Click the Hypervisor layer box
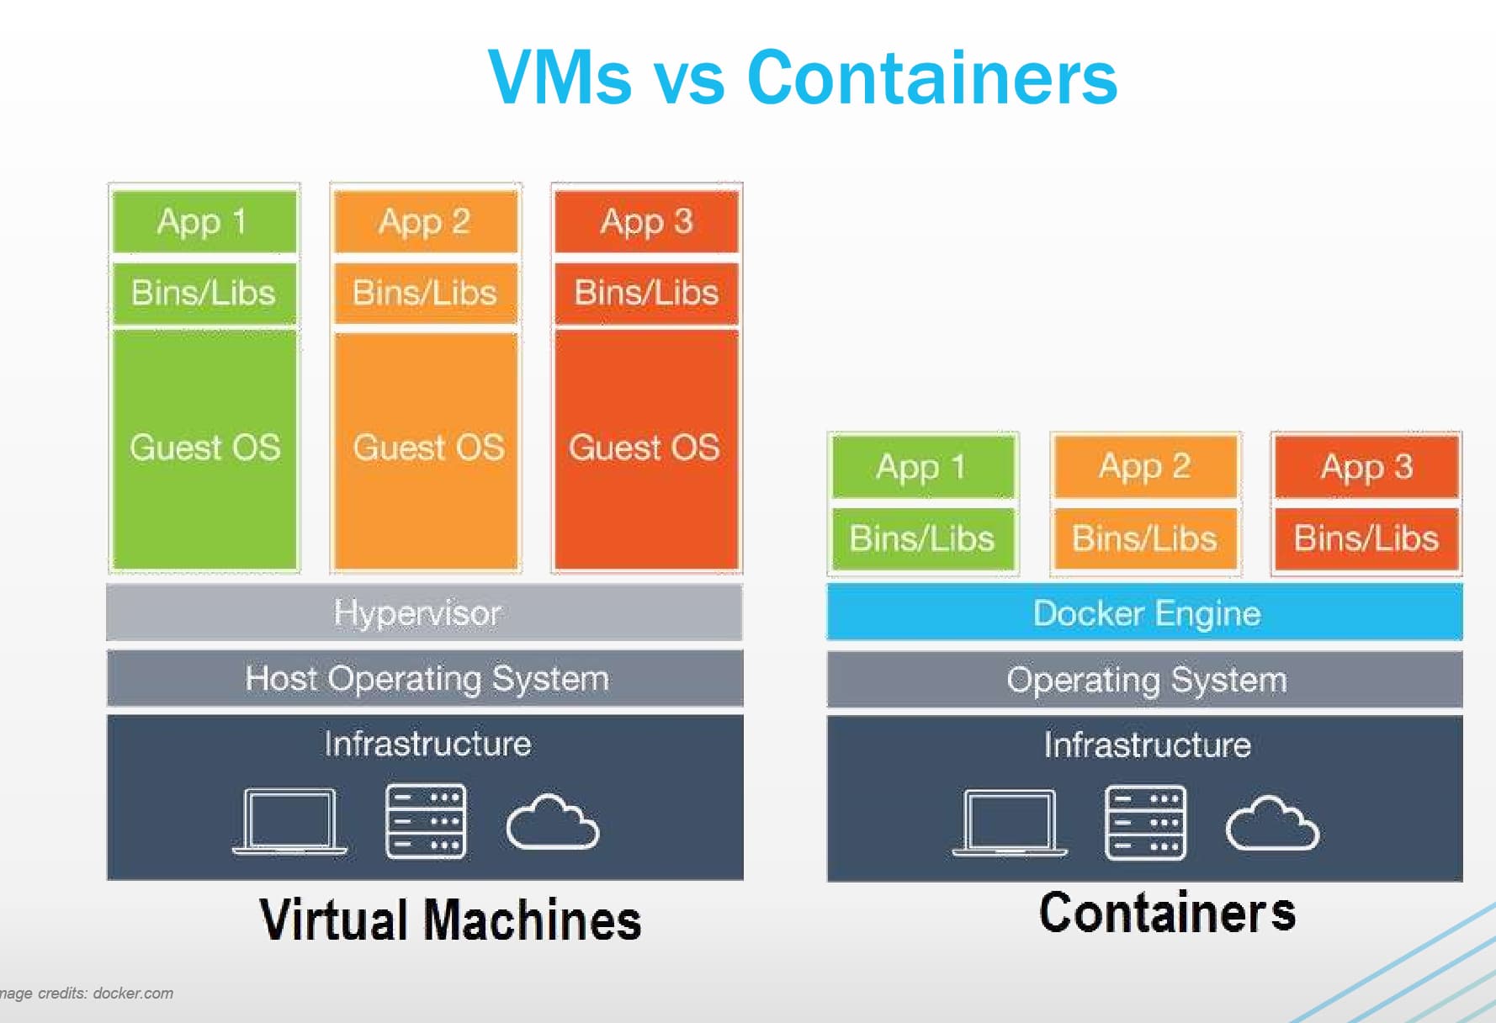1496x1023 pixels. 424,612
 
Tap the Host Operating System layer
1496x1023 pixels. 424,678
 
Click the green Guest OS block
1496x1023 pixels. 204,448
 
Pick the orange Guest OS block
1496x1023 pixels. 427,448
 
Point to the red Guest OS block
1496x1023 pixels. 645,448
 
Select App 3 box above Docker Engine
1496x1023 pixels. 1366,466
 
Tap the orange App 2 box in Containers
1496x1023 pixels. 1144,466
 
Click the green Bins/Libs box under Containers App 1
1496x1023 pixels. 922,538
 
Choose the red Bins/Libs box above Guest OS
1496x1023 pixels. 645,293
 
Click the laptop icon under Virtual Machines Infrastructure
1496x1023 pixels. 289,822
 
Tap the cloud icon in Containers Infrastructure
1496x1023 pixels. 1271,824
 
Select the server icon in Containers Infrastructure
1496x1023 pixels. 1145,824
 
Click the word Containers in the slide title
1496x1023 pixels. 931,77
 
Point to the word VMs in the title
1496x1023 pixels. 560,77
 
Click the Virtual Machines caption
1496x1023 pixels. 450,919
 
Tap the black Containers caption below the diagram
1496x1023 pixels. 1166,912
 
